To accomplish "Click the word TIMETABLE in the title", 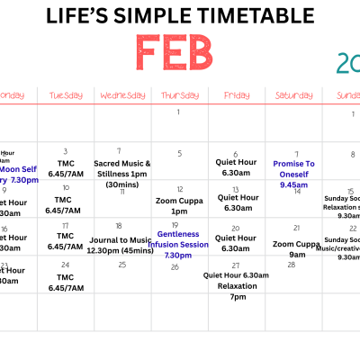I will pos(236,16).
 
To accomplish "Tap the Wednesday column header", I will pos(123,94).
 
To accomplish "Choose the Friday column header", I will pos(237,94).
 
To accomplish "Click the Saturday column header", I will pos(294,94).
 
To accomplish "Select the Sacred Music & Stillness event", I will pos(123,174).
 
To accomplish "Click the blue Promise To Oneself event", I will pos(294,174).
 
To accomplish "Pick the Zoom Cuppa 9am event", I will pos(294,247).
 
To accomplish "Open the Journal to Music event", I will pos(123,244).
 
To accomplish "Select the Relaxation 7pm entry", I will pos(237,291).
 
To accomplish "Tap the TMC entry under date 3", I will pos(66,167).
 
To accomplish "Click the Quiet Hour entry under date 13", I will pos(237,202).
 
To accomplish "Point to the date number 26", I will pos(175,266).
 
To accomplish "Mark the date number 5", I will pos(180,153).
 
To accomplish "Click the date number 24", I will pos(66,265).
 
